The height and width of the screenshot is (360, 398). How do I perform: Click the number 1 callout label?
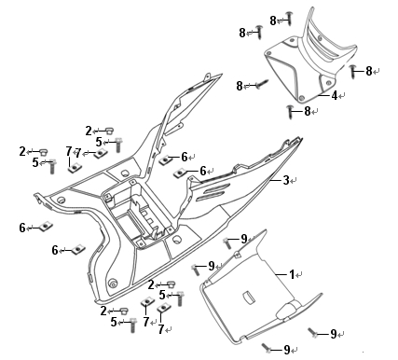(292, 274)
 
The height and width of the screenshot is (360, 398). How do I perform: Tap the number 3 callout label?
(286, 180)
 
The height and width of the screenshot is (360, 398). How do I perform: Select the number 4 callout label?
(335, 95)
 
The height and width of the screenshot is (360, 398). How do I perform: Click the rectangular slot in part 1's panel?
(248, 297)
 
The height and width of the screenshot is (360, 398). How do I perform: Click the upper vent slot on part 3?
(214, 187)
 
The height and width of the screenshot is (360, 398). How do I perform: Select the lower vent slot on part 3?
(212, 196)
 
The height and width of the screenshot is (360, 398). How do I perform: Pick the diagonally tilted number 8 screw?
(262, 84)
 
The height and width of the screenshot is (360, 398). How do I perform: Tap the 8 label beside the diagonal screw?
(240, 86)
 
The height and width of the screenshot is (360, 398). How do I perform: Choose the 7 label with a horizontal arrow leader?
(77, 153)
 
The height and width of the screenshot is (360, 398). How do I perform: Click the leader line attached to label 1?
(281, 274)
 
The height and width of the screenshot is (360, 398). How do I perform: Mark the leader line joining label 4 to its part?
(323, 95)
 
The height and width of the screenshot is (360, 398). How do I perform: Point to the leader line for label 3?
(275, 180)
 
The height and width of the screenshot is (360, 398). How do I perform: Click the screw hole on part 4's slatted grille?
(321, 38)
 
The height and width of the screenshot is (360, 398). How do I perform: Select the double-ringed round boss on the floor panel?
(112, 283)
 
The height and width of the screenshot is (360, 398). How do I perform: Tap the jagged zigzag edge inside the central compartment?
(136, 202)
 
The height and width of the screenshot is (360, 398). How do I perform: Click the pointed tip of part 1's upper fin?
(266, 230)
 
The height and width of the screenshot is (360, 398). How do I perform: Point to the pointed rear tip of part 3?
(301, 137)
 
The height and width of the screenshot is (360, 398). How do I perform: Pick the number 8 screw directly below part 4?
(290, 112)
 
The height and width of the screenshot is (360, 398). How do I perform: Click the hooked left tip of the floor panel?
(35, 196)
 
